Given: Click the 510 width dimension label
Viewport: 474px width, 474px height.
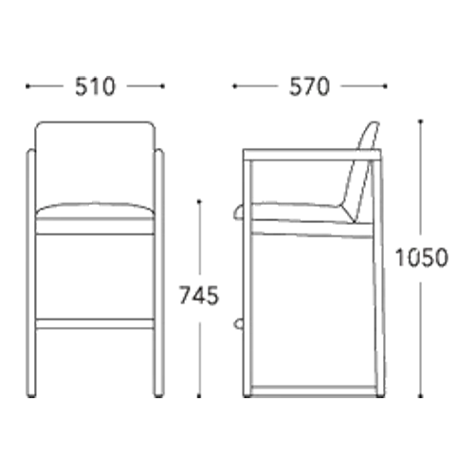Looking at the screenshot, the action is pos(95,86).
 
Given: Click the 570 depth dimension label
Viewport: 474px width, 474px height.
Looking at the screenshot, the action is pos(309,86).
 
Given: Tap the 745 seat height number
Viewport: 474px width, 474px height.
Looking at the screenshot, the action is pos(199,295).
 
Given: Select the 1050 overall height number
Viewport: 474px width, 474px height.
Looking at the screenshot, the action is pos(421,258).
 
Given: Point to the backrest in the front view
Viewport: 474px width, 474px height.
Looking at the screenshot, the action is pos(95,164).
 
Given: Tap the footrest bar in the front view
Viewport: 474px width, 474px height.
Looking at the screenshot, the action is pos(95,324).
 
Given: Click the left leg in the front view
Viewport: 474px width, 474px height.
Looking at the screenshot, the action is pos(30,273).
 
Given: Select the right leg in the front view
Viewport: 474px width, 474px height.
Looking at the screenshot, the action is pos(159,273).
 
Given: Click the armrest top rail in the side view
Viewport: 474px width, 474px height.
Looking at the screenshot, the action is pos(312,155).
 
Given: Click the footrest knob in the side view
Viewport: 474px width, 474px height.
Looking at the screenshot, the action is pos(239,324).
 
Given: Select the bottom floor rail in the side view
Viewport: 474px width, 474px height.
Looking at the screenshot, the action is pos(314,391).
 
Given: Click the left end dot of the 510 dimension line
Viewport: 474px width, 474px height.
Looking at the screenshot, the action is pos(27,86).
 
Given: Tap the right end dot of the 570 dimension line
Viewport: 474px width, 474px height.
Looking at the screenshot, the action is pos(385,86).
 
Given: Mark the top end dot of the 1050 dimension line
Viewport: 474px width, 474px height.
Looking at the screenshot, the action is pos(420,121).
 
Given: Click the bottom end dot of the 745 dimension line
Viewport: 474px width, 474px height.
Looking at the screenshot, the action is pos(199,396).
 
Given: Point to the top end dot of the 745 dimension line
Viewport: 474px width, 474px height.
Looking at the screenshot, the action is pos(199,201).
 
